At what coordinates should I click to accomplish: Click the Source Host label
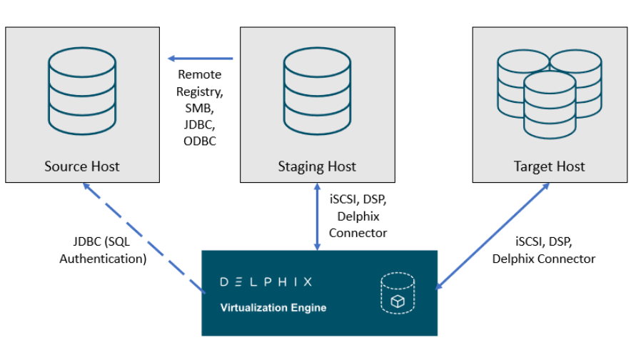point(82,166)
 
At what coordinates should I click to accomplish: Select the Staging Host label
point(317,166)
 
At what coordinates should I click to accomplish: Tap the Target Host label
point(549,166)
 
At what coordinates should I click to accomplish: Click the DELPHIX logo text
point(265,281)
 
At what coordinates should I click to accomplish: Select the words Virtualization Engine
point(273,308)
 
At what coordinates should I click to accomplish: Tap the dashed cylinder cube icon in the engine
point(397,294)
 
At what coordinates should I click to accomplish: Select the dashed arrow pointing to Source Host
point(143,236)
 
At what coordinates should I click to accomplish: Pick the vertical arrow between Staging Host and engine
point(317,215)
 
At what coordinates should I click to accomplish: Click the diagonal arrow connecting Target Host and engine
point(493,235)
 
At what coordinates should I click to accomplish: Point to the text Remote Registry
point(199,82)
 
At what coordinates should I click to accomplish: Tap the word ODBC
point(199,141)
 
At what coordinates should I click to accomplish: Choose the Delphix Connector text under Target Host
point(543,259)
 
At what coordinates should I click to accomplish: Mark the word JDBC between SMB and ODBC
point(199,124)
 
